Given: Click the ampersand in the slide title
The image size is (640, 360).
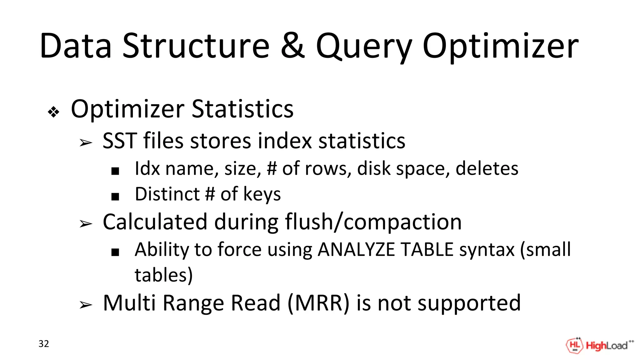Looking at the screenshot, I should tap(292, 46).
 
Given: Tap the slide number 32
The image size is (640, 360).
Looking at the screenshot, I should tap(44, 344).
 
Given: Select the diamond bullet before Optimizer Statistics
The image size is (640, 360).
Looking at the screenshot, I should tap(53, 112).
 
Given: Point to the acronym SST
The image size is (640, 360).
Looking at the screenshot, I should tap(120, 141).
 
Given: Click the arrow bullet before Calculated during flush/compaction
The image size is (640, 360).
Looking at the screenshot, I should tap(86, 224).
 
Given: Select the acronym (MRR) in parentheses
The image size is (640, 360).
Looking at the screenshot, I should tap(318, 303).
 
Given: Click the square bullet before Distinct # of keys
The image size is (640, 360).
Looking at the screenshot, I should tap(115, 197).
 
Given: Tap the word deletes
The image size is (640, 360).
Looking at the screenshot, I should tap(487, 169).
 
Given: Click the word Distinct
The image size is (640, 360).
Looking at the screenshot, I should tap(167, 194).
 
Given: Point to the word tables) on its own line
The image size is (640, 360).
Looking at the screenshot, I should tap(163, 275).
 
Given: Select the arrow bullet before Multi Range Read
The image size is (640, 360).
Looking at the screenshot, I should tap(86, 305).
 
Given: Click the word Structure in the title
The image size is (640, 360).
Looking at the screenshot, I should tap(196, 46).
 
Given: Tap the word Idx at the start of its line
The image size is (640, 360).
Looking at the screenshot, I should tap(147, 169).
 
